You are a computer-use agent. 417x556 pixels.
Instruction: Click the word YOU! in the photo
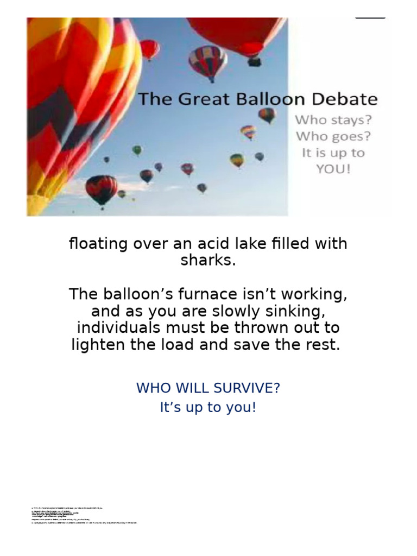[x=333, y=169]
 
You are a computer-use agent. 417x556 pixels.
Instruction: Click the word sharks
[x=208, y=260]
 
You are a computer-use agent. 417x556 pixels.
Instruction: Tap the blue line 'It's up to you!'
[x=208, y=407]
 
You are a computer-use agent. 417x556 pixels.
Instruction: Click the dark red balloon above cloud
[x=101, y=188]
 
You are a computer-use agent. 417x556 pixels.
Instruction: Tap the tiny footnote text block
[x=84, y=515]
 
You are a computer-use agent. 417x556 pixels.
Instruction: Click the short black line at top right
[x=370, y=18]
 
